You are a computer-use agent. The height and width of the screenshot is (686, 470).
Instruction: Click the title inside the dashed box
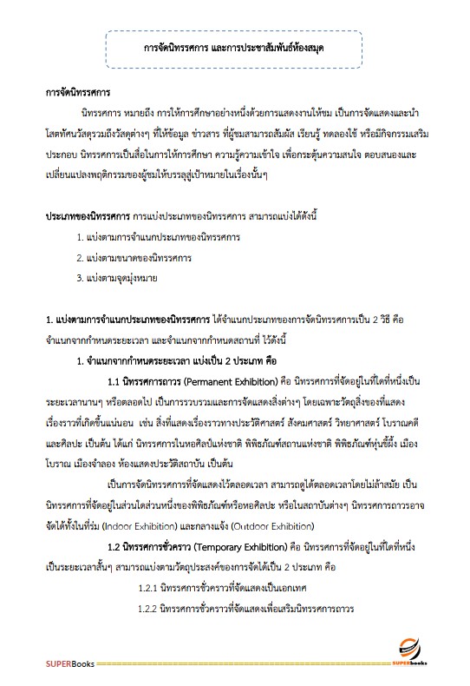(x=234, y=48)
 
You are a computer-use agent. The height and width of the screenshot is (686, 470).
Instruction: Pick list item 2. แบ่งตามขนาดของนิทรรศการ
(x=134, y=257)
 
